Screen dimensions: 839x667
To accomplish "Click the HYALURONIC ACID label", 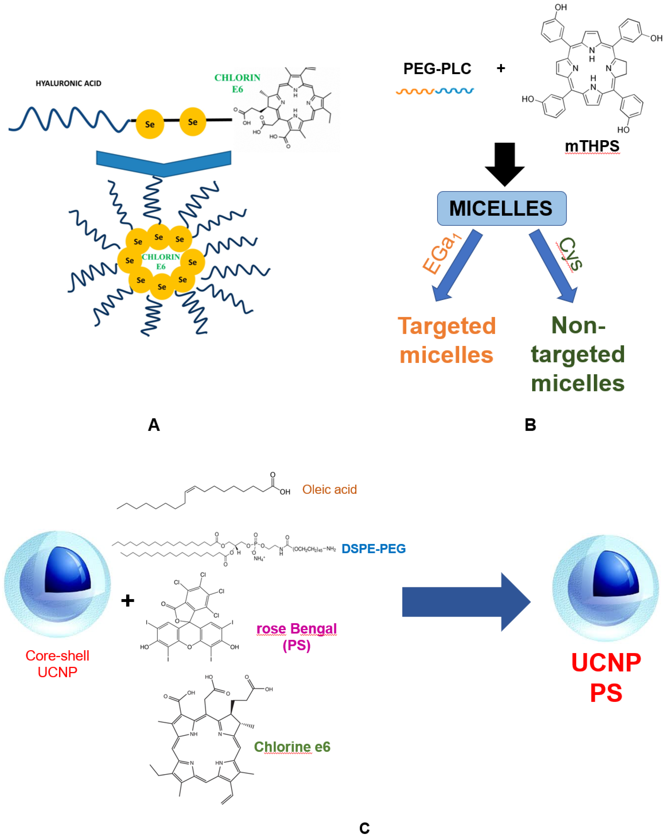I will (x=68, y=83).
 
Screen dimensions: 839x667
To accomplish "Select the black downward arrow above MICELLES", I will (x=504, y=163).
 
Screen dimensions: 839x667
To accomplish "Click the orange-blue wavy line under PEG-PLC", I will (x=435, y=92).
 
